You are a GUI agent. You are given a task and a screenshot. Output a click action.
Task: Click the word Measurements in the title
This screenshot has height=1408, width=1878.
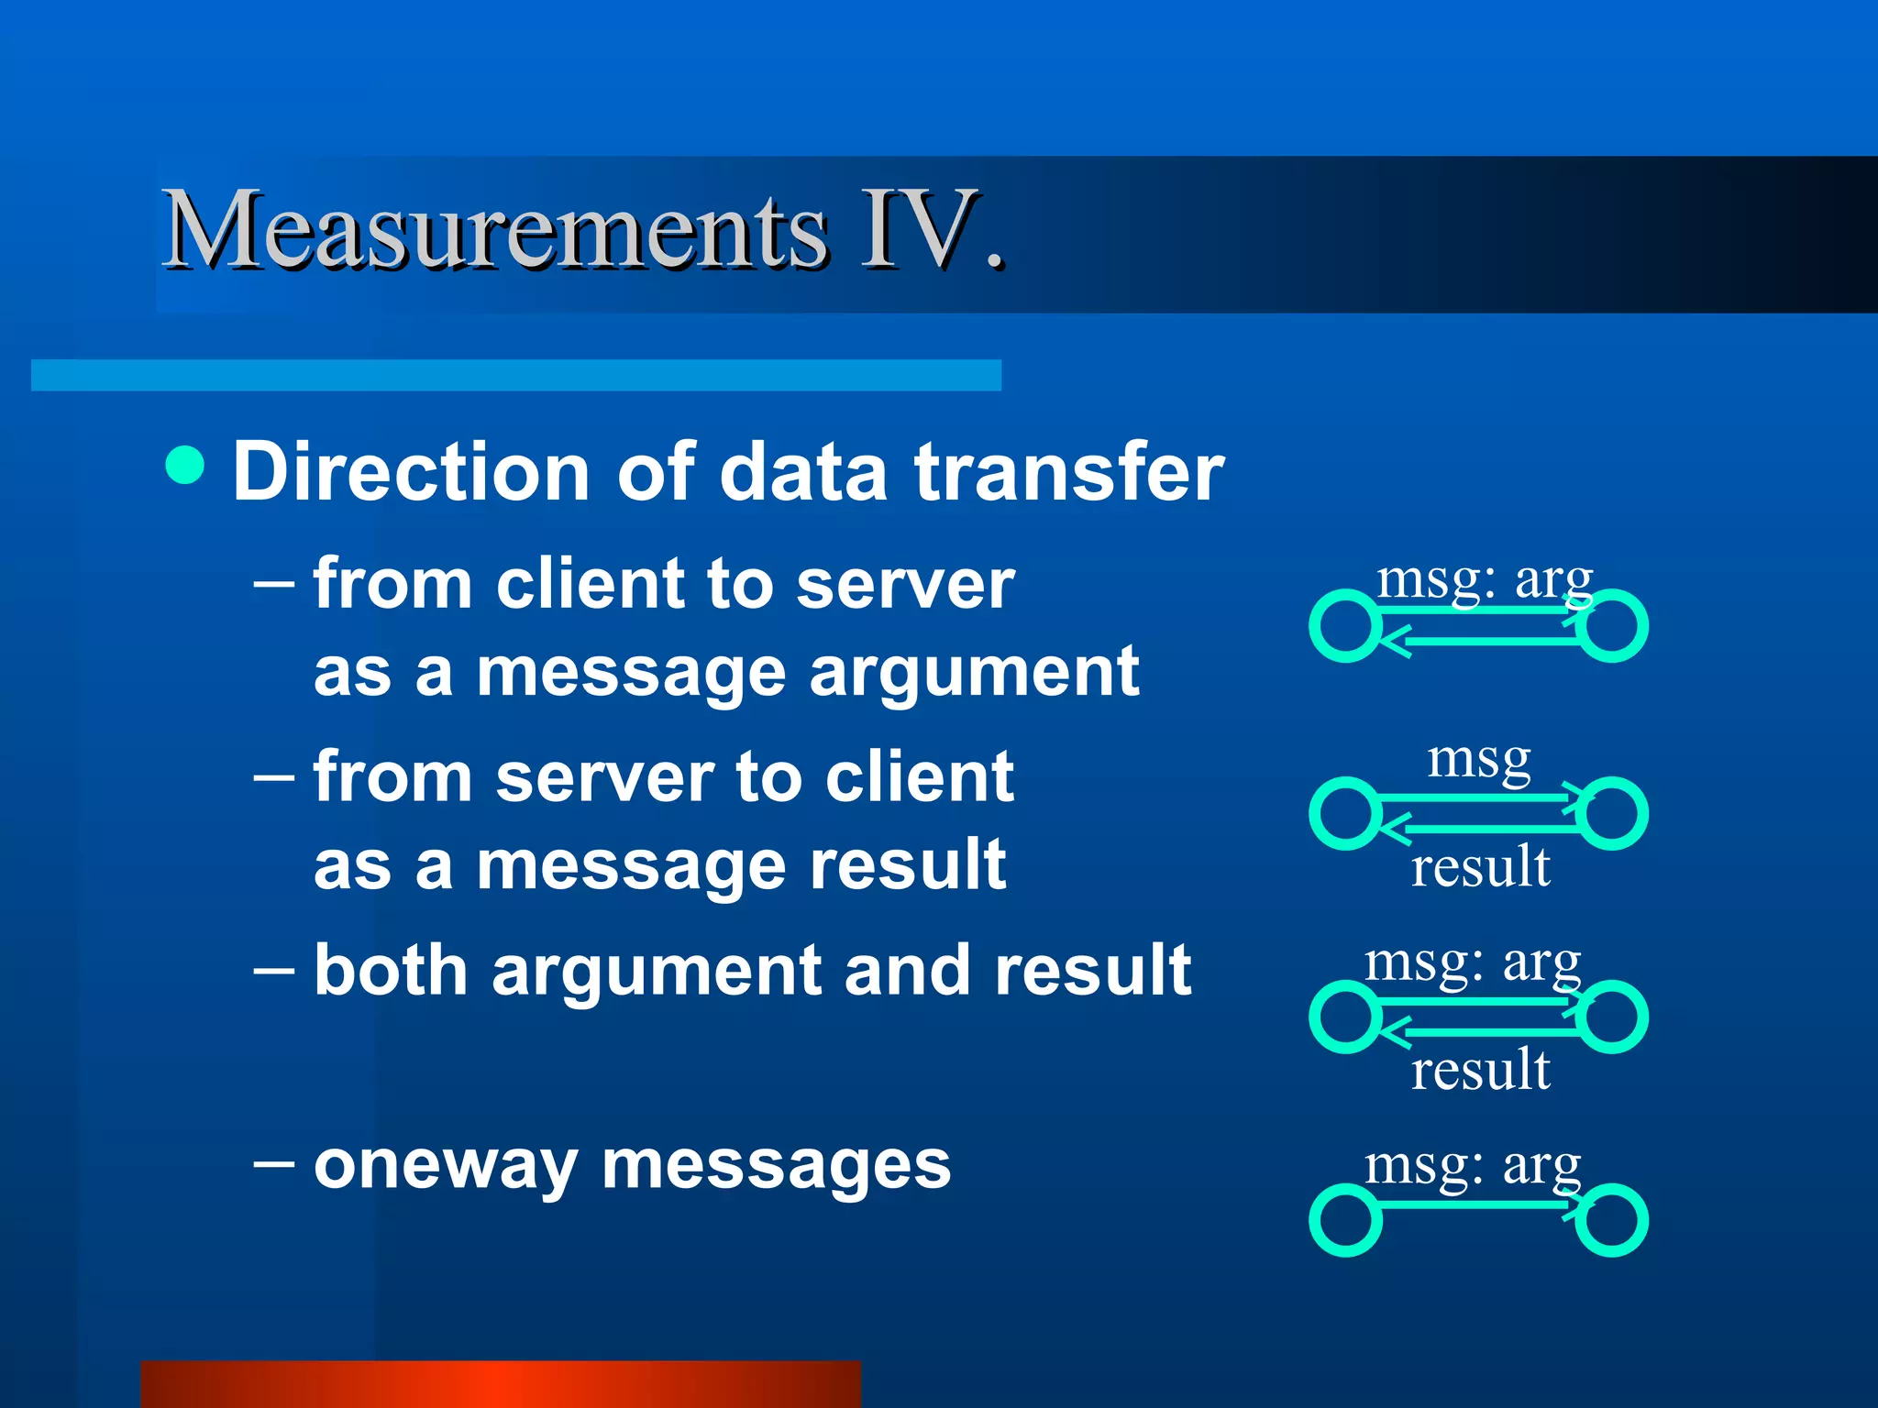pos(495,231)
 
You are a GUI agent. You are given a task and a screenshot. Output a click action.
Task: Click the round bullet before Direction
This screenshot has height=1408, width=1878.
pos(185,465)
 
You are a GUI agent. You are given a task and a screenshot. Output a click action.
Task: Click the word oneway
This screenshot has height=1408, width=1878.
pos(445,1166)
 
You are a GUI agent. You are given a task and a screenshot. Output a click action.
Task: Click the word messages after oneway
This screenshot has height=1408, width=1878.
pos(776,1166)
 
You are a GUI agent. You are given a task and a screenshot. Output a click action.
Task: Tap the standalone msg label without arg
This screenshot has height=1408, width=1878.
pos(1478,760)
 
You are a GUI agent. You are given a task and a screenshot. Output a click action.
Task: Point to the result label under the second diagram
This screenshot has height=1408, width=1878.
pos(1479,866)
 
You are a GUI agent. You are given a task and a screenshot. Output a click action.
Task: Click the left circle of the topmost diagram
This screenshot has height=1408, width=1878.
pos(1345,627)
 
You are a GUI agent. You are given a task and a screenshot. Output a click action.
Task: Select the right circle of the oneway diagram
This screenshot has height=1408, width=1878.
pos(1612,1220)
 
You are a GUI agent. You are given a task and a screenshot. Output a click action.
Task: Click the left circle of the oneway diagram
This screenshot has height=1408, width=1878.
pos(1345,1220)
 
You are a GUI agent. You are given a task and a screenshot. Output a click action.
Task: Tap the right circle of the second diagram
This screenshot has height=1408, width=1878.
pos(1612,813)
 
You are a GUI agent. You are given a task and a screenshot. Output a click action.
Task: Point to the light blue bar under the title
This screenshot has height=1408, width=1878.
pos(515,375)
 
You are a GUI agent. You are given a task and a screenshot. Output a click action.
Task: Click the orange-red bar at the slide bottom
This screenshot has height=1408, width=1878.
pos(501,1383)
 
